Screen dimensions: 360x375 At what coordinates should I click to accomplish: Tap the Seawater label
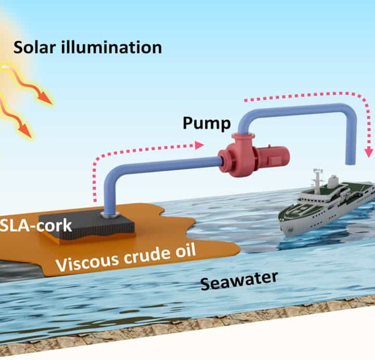(x=239, y=282)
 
